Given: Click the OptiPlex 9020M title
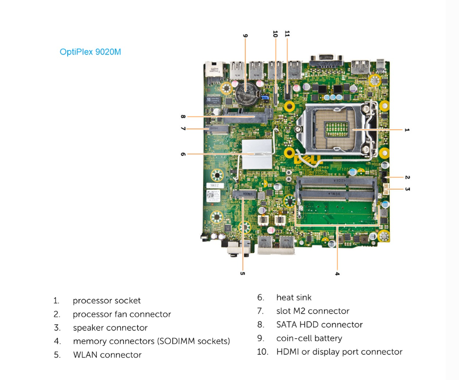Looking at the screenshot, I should [90, 52].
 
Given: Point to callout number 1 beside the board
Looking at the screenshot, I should [406, 130].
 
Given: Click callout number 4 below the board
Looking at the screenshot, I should [337, 273].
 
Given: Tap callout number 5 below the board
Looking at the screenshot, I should [242, 273].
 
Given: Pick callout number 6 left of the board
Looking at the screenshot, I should [183, 154].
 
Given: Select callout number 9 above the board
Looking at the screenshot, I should [245, 35].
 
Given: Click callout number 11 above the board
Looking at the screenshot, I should [287, 34].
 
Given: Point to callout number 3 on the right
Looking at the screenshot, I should [407, 189].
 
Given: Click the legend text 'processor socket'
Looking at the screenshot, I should [107, 300].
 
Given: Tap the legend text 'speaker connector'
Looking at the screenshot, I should [110, 327].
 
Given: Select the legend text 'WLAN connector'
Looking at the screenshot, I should [107, 354].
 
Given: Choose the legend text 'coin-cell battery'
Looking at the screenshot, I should [309, 338].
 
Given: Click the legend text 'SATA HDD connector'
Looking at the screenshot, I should [319, 325].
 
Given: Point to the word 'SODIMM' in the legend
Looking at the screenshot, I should [177, 341].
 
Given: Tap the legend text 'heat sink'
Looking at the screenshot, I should [294, 298].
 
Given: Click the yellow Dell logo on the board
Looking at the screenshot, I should [307, 160].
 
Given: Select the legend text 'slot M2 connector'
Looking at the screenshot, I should [313, 311].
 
